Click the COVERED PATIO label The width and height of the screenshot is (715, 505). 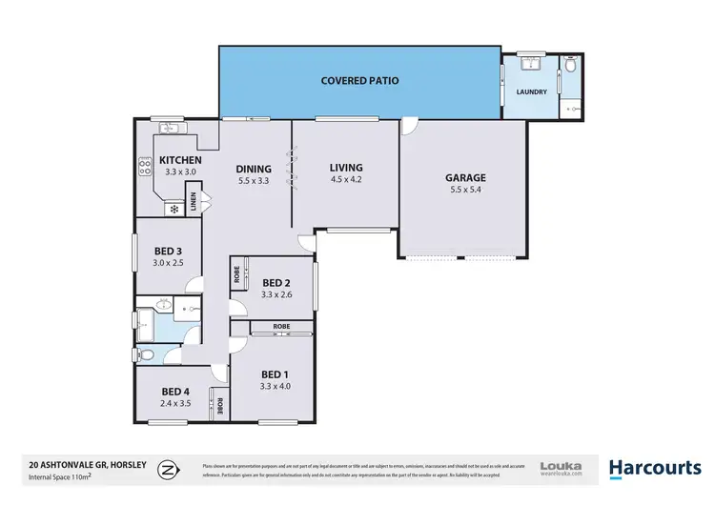[x=359, y=81]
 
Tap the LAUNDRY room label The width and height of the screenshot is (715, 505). [x=531, y=92]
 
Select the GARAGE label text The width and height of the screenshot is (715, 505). [x=465, y=177]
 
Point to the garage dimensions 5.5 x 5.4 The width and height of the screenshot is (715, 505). [x=465, y=190]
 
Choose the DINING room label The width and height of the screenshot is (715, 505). [x=255, y=170]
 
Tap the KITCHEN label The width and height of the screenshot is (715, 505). [x=180, y=159]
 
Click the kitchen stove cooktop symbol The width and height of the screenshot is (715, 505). [x=146, y=167]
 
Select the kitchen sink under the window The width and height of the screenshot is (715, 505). [x=171, y=127]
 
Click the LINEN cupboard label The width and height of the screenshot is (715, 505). [x=194, y=202]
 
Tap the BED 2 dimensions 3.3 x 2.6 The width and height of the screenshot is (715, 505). [x=276, y=294]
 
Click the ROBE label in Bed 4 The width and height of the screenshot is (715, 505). [x=219, y=403]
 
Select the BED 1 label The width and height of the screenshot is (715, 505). [x=276, y=373]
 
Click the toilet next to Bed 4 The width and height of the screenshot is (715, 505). [x=147, y=355]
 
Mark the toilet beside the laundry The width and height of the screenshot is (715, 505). [x=570, y=66]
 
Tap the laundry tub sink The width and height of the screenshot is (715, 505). [x=531, y=64]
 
